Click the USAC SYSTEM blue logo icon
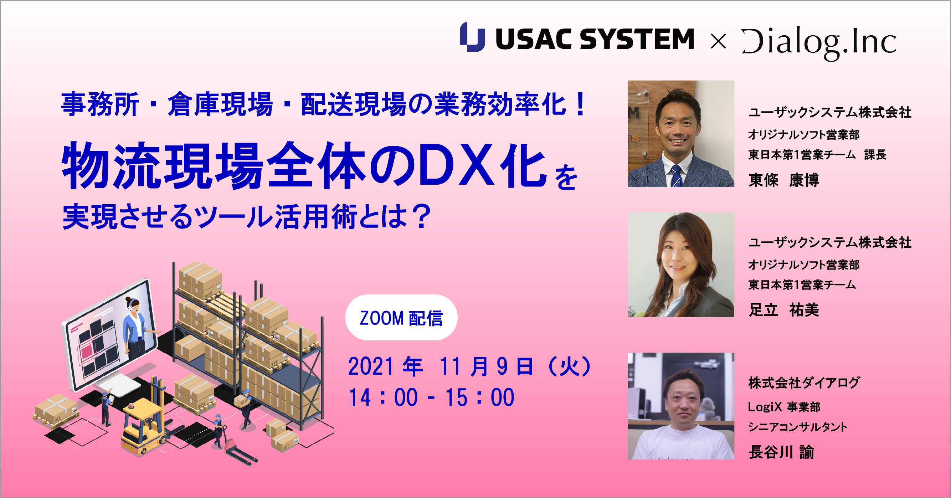[x=472, y=37]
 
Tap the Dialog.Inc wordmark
[x=818, y=42]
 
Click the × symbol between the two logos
[x=718, y=41]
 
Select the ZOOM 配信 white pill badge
[x=401, y=318]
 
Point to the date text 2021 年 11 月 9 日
[x=441, y=366]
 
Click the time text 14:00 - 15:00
[x=431, y=397]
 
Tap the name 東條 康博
[x=783, y=180]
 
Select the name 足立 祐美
[x=783, y=310]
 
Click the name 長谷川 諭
[x=781, y=452]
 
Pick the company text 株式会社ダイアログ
[x=804, y=383]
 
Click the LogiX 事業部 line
[x=784, y=407]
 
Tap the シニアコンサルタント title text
[x=797, y=427]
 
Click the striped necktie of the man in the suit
[x=676, y=176]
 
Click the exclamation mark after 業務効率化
[x=580, y=104]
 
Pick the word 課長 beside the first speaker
[x=875, y=155]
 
